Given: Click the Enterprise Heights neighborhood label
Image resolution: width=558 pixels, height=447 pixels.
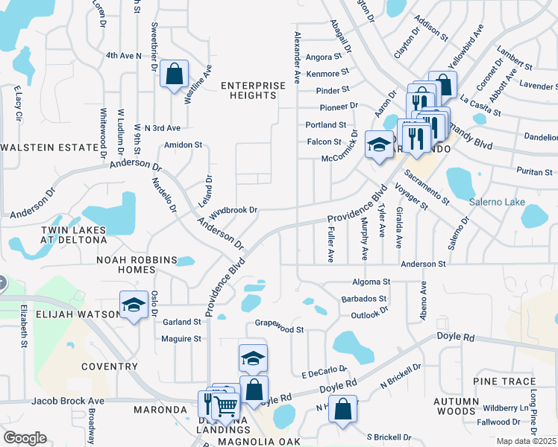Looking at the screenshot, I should (x=253, y=90).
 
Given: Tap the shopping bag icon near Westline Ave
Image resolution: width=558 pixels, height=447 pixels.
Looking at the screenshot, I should (x=174, y=74).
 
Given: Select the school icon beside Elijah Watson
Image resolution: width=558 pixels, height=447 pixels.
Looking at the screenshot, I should (x=134, y=305).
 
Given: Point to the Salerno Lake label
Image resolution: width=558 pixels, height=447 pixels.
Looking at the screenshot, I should (x=497, y=203).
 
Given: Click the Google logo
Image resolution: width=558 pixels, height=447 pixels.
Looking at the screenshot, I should (x=25, y=437).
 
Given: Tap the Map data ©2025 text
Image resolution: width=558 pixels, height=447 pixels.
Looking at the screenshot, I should (x=526, y=441).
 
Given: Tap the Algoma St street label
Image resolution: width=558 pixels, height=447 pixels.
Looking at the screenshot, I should (x=371, y=282).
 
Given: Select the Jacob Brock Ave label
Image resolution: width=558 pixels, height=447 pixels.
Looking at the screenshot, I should (x=69, y=401).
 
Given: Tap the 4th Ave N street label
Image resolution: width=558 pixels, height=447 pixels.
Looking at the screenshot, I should (x=124, y=55).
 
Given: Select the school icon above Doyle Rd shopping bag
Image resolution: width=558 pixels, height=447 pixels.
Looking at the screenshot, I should (x=253, y=359).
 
